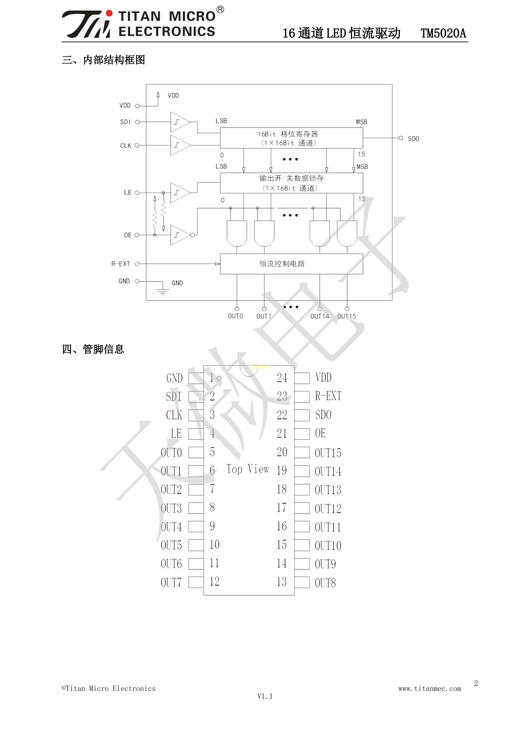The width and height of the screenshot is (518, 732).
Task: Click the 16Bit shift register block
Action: coord(291,138)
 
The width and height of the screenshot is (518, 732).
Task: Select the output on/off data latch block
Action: coord(291,183)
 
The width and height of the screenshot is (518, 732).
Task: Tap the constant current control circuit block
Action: coord(291,264)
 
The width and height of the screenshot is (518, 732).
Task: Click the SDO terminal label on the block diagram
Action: coord(413,139)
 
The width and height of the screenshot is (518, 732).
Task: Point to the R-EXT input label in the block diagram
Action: coord(120,264)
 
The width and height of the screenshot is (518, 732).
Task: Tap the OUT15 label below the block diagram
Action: coord(347,316)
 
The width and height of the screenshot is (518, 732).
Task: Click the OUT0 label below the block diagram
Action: coord(235,316)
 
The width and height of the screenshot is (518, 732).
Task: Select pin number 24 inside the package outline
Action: coord(282,378)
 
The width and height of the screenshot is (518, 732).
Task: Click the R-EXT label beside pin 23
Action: coord(328,396)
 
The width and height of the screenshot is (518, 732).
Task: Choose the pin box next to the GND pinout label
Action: coord(196,379)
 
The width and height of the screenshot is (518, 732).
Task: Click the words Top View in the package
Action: coord(248,469)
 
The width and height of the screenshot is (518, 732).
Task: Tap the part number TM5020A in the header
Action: coord(443,33)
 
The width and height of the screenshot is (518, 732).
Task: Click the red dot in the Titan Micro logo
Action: coord(109,13)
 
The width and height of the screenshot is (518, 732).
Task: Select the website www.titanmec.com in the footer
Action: coord(430,689)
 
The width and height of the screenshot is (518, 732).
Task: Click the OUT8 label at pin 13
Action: coord(325,583)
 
